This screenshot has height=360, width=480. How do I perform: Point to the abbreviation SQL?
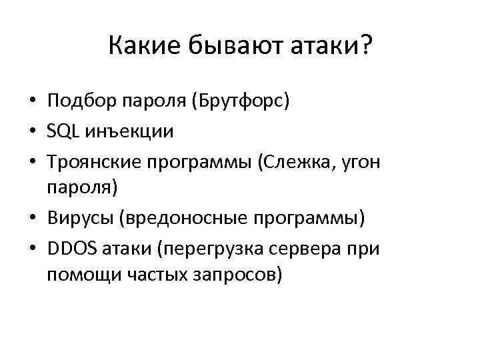63,131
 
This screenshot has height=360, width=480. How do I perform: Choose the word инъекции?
129,131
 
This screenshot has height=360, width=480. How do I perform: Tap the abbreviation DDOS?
73,246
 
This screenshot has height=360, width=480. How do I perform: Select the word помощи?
79,275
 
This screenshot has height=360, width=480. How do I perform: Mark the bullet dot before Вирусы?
32,218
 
